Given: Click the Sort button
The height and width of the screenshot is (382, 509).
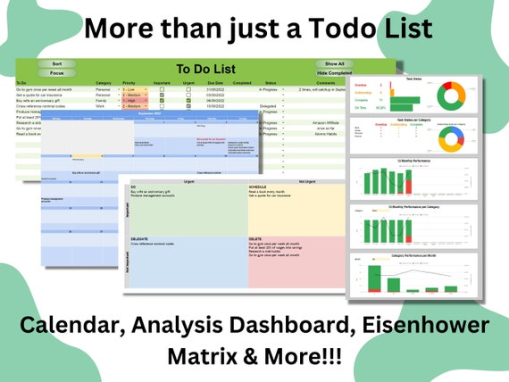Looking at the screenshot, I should coord(57,64).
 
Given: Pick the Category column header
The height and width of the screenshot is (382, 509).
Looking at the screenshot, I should coord(104,83).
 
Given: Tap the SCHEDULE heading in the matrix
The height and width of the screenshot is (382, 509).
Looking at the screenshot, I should coord(257,188).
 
